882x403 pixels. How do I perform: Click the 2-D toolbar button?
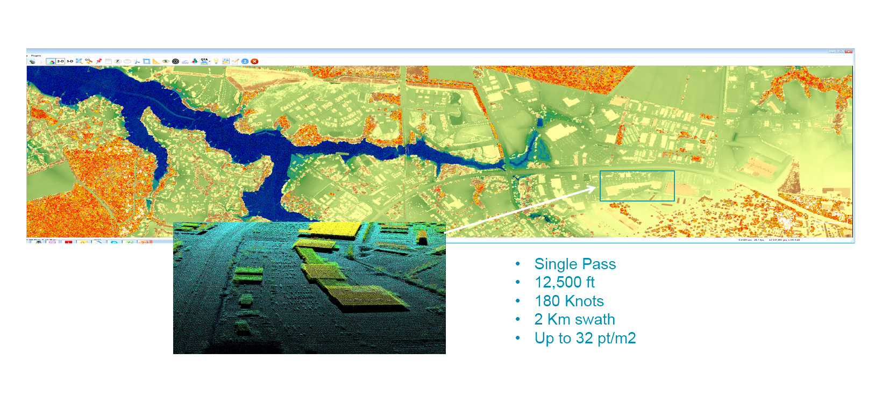pyautogui.click(x=60, y=61)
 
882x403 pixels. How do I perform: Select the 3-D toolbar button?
pyautogui.click(x=70, y=61)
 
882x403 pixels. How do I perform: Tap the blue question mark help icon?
pyautogui.click(x=245, y=61)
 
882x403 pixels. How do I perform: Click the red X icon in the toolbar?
pyautogui.click(x=254, y=61)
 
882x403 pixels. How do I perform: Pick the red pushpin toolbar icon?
pyautogui.click(x=98, y=61)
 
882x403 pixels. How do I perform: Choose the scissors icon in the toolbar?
pyautogui.click(x=137, y=61)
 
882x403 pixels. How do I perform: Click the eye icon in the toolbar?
pyautogui.click(x=166, y=61)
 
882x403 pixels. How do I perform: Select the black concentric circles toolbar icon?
pyautogui.click(x=175, y=61)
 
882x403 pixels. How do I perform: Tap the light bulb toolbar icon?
pyautogui.click(x=216, y=61)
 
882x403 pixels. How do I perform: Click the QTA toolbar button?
pyautogui.click(x=204, y=61)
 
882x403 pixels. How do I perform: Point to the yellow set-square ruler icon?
pyautogui.click(x=156, y=61)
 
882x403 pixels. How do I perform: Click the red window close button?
pyautogui.click(x=849, y=52)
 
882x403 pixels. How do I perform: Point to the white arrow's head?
pyautogui.click(x=594, y=188)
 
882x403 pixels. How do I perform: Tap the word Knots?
pyautogui.click(x=584, y=301)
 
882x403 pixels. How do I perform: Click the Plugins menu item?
pyautogui.click(x=35, y=55)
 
